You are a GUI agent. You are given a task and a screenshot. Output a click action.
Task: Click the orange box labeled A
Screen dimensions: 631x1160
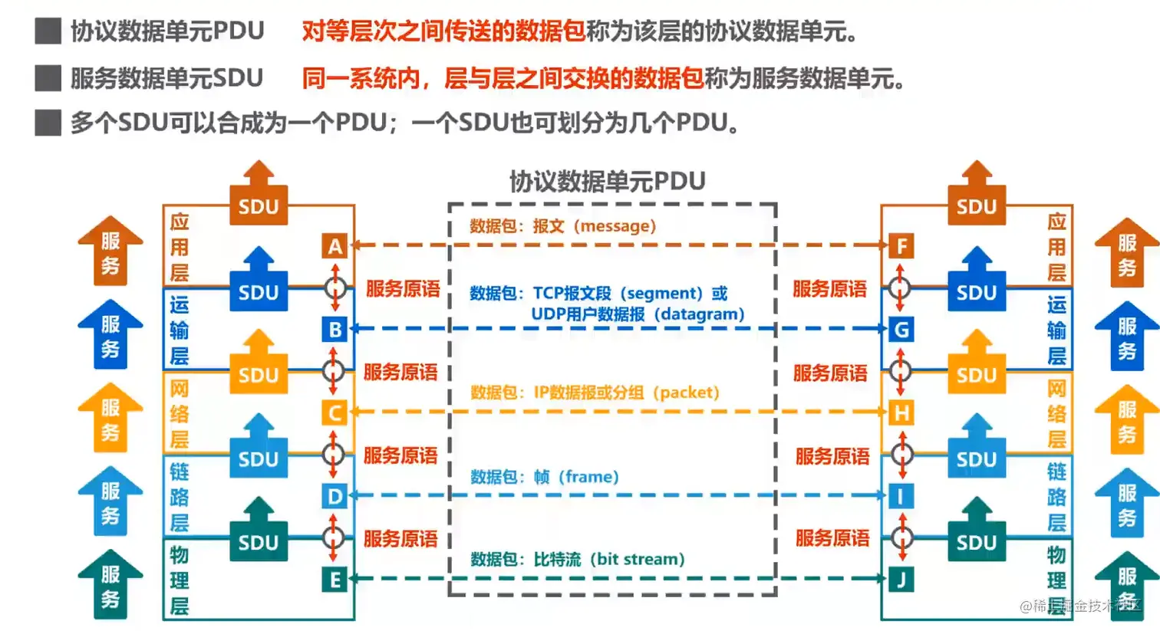pos(334,246)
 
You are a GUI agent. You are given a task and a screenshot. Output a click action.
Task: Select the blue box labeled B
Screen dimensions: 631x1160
pos(334,330)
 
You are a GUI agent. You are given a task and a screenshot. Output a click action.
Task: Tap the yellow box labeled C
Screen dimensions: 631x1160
pos(334,413)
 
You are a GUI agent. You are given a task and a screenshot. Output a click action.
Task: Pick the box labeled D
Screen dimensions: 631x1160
pos(334,496)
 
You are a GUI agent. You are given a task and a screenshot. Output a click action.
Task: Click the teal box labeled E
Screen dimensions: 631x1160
pos(334,580)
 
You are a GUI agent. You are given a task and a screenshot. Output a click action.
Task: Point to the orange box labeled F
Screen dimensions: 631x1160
pos(901,246)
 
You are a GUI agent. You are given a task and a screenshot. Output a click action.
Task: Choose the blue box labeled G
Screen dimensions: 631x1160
pos(901,330)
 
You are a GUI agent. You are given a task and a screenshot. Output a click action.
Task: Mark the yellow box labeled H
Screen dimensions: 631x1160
pos(901,413)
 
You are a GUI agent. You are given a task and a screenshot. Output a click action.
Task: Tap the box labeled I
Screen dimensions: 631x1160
pos(901,496)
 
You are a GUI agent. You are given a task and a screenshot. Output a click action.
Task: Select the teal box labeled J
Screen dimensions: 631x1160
pos(901,580)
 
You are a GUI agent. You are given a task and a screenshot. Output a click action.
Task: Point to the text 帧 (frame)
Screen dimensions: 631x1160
pos(576,477)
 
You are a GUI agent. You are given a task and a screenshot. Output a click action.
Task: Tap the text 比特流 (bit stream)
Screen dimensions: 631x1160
pos(609,560)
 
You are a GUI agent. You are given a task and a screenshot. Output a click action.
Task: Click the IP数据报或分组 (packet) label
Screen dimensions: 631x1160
pos(626,393)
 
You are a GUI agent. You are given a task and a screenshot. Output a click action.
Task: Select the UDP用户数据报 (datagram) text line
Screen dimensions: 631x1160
pos(638,314)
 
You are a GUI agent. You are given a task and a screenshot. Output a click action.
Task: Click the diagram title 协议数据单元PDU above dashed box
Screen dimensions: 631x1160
pos(607,182)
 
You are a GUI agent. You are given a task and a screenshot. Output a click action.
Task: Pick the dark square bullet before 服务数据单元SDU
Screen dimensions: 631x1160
pos(48,78)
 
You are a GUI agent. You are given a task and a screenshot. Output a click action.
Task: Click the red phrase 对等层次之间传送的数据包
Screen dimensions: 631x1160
pos(443,31)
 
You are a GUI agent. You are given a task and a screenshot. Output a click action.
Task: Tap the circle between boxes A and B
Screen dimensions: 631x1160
pos(334,288)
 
